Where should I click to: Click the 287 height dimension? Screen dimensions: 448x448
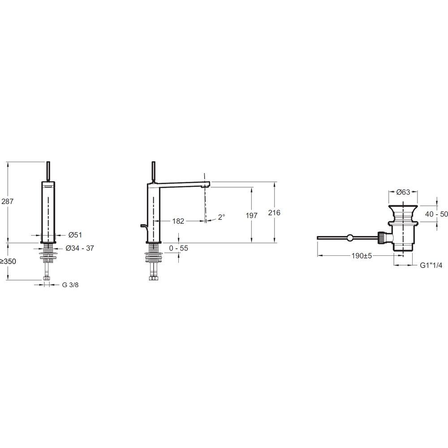tap(8, 202)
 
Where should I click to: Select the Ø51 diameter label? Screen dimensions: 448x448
tap(75, 235)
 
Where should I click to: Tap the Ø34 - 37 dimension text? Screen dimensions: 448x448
tap(80, 248)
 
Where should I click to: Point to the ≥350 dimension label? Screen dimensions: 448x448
tap(8, 261)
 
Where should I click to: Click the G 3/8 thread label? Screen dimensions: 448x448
tap(70, 285)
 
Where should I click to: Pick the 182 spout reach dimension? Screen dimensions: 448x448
tap(178, 221)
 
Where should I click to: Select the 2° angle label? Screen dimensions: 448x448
tap(221, 217)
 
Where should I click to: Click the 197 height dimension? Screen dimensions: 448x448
tap(252, 215)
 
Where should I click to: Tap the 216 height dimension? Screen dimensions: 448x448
tap(274, 212)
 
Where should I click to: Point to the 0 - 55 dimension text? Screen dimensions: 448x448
tap(179, 248)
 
